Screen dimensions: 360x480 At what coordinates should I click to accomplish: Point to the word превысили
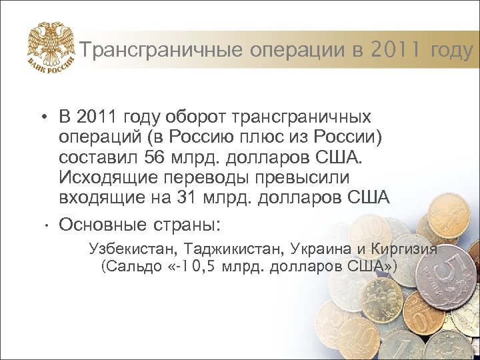297,178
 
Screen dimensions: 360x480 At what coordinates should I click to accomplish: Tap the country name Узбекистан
129,249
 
